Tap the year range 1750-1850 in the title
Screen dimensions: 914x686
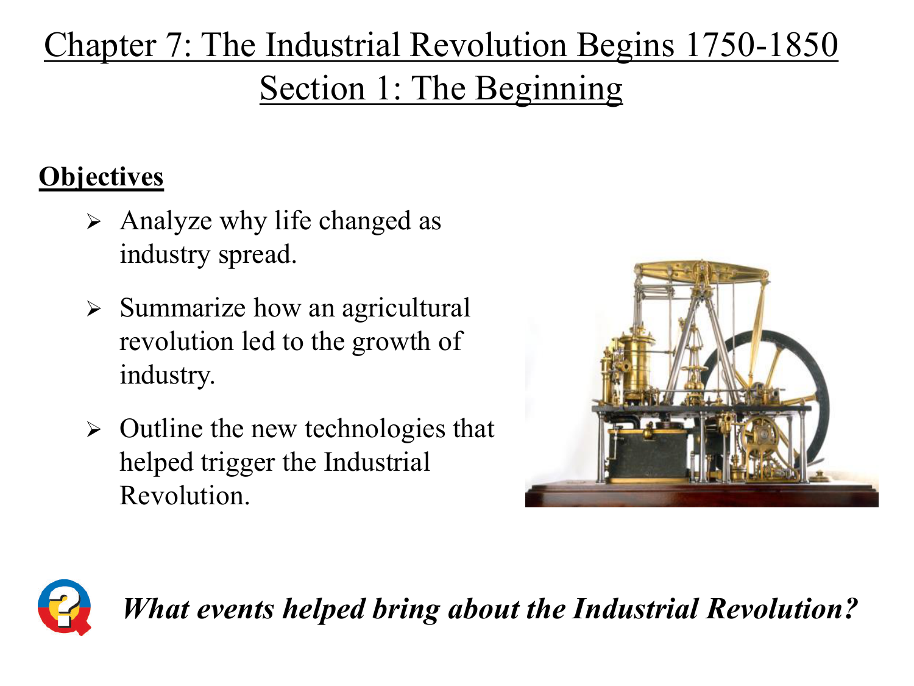762,45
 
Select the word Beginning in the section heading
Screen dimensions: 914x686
549,88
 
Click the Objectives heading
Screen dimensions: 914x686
101,177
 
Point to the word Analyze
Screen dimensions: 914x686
166,221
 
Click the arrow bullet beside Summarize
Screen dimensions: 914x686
94,309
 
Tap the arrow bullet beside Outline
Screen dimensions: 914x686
94,429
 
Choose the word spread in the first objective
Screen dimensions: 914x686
257,255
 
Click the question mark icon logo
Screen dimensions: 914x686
65,607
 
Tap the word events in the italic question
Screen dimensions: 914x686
235,609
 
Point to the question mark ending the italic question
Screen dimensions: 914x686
851,609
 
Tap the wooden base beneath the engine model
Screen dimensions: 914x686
701,496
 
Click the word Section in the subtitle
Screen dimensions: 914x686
313,88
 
